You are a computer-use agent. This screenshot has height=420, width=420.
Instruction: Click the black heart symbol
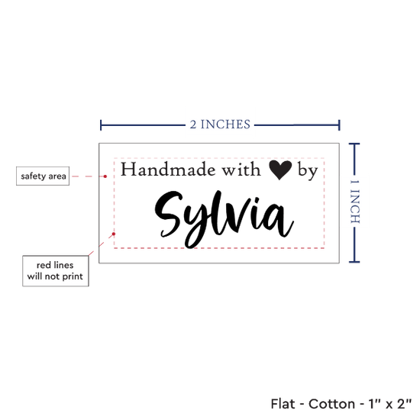[280, 170]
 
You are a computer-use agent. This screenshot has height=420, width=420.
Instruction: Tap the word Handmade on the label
[168, 170]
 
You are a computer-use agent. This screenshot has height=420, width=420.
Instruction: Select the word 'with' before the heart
[241, 170]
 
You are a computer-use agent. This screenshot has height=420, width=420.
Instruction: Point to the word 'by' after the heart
[308, 171]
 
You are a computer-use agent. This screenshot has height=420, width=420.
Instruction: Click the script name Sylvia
[225, 219]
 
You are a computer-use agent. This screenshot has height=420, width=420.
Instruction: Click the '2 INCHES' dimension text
[220, 124]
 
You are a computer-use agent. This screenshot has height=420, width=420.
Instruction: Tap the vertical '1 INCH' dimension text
[355, 202]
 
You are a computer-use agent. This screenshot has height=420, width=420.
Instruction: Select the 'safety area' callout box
[43, 176]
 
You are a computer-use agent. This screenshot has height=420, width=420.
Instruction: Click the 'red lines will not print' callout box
[56, 271]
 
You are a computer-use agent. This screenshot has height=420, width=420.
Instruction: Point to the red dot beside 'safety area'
[105, 176]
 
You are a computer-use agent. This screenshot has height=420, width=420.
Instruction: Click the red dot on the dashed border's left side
[114, 234]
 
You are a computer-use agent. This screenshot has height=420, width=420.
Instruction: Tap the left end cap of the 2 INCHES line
[101, 125]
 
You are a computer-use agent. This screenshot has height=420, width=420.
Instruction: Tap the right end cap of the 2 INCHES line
[339, 125]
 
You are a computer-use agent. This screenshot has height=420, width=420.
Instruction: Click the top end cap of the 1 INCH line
[354, 144]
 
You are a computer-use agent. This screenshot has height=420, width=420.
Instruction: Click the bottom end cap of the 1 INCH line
[354, 261]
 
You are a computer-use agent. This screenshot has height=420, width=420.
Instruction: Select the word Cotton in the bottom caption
[332, 404]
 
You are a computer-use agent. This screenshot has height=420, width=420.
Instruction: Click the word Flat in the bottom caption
[283, 404]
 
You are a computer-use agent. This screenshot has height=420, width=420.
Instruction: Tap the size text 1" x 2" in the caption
[390, 404]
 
